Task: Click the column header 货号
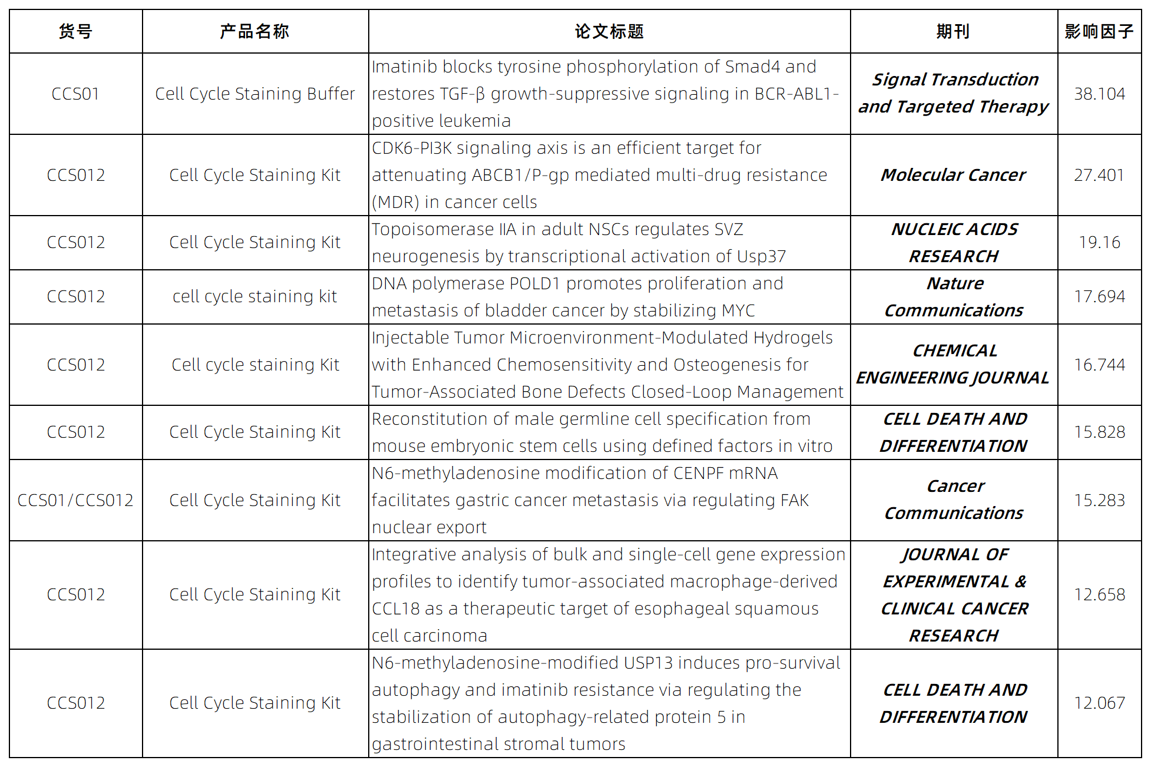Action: [x=75, y=31]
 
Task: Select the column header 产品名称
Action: [x=254, y=31]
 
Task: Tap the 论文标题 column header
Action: [x=609, y=31]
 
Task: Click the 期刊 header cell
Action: [x=953, y=31]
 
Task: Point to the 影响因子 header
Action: [x=1099, y=31]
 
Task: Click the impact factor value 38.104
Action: [x=1099, y=94]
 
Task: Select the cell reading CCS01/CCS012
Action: [x=75, y=500]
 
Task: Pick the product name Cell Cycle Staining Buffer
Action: [x=254, y=94]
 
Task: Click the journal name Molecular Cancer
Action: [x=953, y=175]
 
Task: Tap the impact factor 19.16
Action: [x=1099, y=242]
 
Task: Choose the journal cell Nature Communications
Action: [x=954, y=297]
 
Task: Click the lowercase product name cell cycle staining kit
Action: [x=254, y=296]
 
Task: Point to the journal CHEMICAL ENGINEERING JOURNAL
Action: [x=953, y=364]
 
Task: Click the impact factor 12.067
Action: [x=1099, y=703]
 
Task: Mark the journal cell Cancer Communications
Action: [x=954, y=500]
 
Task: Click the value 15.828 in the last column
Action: [x=1099, y=432]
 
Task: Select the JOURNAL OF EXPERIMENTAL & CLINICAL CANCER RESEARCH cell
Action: [x=954, y=595]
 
